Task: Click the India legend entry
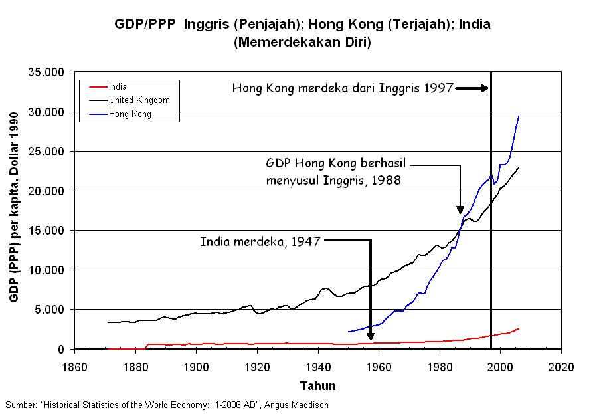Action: coord(118,87)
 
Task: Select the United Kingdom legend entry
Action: coord(139,100)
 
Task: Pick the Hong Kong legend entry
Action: coord(130,114)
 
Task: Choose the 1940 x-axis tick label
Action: coord(317,366)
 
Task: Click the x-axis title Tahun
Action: coord(317,386)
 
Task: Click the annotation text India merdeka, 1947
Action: coord(260,241)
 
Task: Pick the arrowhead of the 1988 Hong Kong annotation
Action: coord(460,211)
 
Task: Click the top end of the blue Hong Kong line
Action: coord(519,116)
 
